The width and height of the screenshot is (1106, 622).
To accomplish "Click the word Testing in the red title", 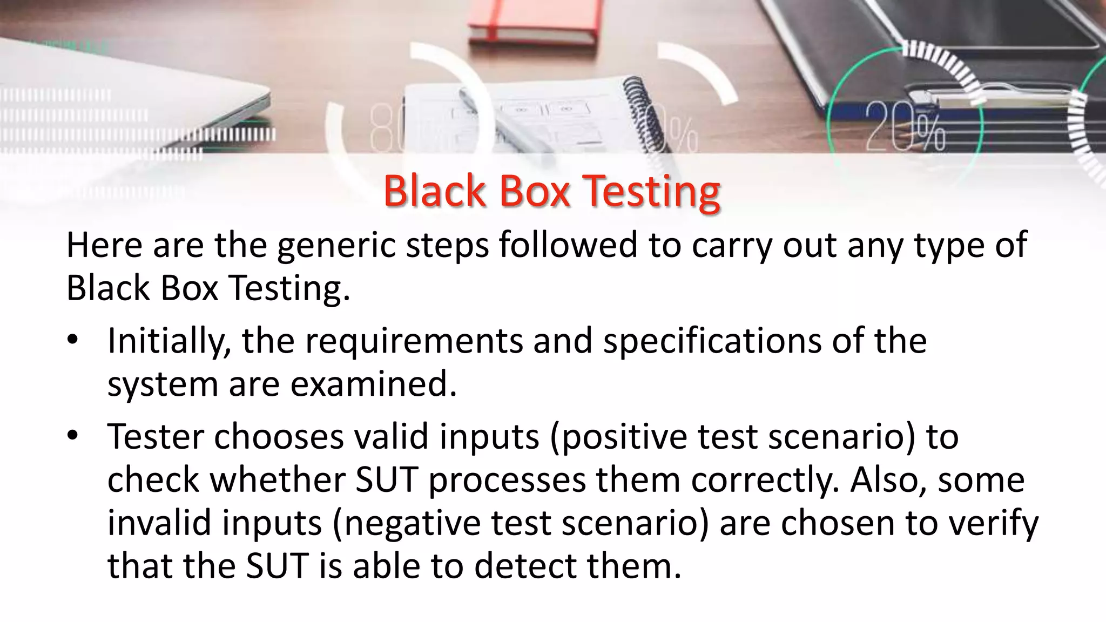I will pos(652,192).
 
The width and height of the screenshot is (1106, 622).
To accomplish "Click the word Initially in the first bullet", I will pos(170,341).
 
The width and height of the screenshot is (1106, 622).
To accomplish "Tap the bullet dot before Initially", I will pos(73,340).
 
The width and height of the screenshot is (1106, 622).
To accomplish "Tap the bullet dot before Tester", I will pos(73,436).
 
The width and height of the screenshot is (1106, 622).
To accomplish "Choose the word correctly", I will pos(765,480).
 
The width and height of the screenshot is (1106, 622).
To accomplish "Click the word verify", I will pos(993,523).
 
